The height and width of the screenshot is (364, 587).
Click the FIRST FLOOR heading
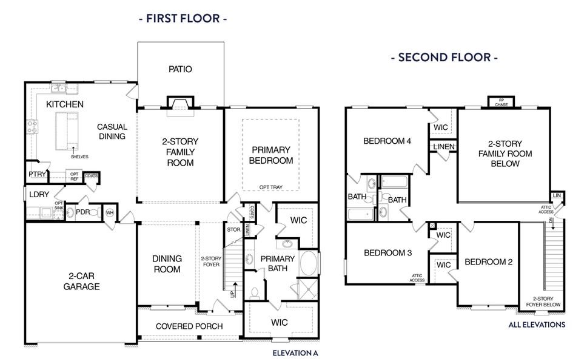coord(183,18)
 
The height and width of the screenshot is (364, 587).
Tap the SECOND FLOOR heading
coord(444,57)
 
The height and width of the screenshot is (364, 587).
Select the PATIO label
coord(180,69)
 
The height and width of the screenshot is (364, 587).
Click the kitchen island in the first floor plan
coord(67,131)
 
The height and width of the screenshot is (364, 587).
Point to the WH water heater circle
coord(110,213)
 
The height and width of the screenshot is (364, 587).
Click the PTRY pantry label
coord(37,174)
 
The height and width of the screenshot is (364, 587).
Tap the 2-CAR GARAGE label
coord(81,281)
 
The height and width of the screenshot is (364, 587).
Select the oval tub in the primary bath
coord(309,263)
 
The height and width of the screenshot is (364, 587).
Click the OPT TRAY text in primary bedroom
coord(271,187)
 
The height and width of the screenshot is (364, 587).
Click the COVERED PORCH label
coord(189,326)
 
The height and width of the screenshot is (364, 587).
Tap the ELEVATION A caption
coord(295,353)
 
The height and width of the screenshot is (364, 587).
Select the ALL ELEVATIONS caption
coord(537,325)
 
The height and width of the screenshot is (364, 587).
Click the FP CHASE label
coord(501,103)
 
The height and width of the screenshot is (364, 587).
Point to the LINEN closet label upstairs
coord(444,147)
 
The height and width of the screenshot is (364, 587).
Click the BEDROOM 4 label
coord(387,141)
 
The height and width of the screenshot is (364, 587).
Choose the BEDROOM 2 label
coord(489,262)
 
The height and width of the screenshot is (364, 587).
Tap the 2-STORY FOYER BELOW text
coord(543,302)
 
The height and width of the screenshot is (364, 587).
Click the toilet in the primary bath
coord(255,292)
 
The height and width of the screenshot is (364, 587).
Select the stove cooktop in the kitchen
coord(32,127)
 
